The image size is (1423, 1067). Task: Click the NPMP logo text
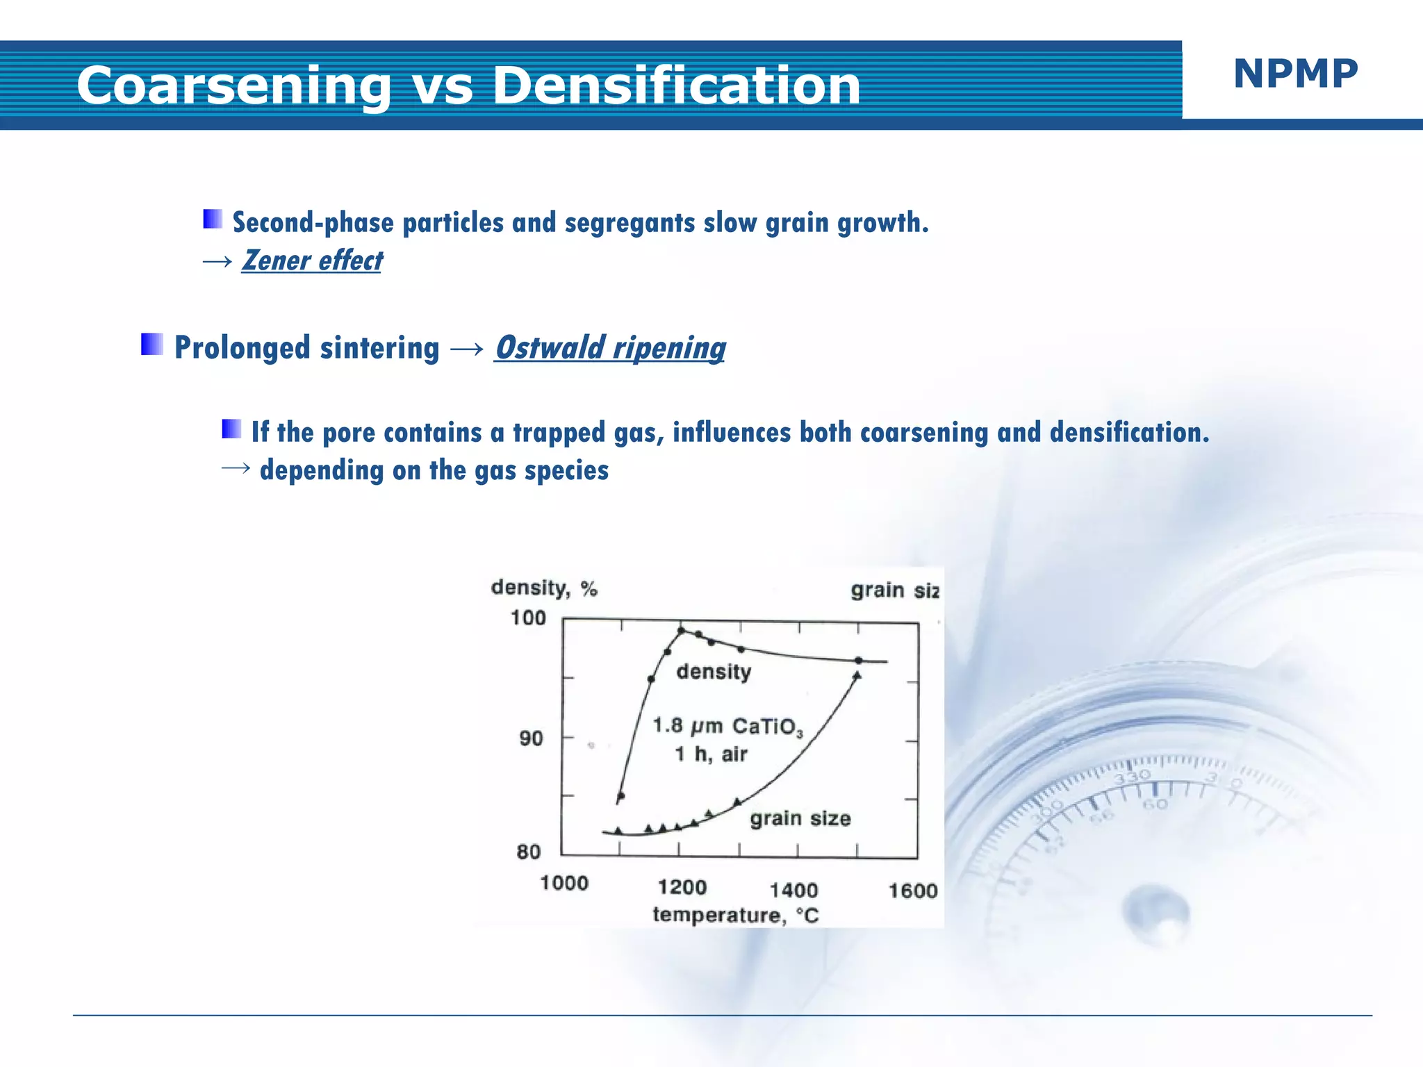[1295, 74]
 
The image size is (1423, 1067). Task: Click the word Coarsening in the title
[233, 86]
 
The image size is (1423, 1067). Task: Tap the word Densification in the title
[675, 86]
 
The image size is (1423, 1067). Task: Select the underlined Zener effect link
[312, 260]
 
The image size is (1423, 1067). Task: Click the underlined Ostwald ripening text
[609, 347]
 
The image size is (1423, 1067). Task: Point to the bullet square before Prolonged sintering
[151, 344]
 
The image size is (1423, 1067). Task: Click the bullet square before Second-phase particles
[213, 220]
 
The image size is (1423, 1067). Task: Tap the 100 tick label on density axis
[528, 618]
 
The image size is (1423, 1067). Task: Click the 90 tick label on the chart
[532, 738]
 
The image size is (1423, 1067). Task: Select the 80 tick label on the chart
[529, 852]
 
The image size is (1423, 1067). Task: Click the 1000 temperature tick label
[564, 884]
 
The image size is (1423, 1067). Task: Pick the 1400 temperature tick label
[793, 890]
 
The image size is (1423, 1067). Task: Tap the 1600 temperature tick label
[912, 891]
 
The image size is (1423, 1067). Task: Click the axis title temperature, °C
[735, 915]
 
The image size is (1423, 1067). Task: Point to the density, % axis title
[544, 588]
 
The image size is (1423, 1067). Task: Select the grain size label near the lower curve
[800, 818]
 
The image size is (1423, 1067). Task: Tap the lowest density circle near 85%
[621, 796]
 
